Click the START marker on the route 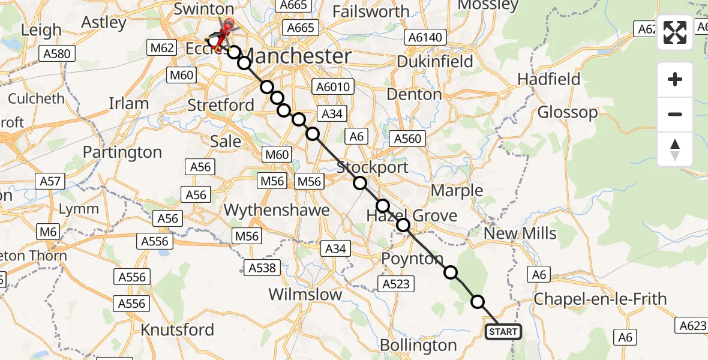point(503,332)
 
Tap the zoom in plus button point(675,80)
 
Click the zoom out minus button point(675,114)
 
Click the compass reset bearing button point(675,149)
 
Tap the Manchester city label point(299,57)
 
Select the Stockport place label point(372,167)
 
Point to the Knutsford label point(177,330)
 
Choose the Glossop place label point(568,112)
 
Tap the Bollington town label point(418,346)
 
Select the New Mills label point(520,233)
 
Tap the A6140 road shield point(425,38)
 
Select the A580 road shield point(56,54)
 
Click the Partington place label point(122,152)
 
